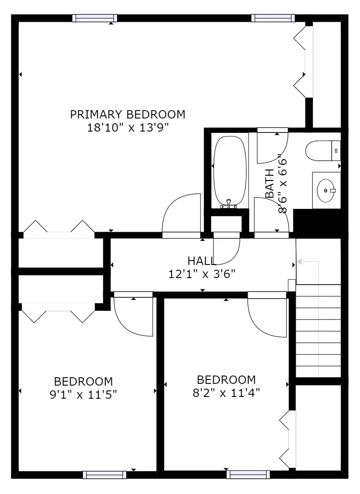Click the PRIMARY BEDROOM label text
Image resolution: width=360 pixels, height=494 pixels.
pyautogui.click(x=128, y=115)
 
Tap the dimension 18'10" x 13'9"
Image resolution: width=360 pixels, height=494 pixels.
pyautogui.click(x=128, y=128)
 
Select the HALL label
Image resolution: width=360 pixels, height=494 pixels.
pyautogui.click(x=201, y=261)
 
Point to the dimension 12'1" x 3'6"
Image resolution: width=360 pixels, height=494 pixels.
pyautogui.click(x=201, y=274)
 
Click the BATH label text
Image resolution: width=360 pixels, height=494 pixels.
pyautogui.click(x=270, y=184)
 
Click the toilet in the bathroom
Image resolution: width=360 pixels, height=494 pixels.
pyautogui.click(x=322, y=151)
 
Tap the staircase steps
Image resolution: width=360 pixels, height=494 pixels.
pyautogui.click(x=318, y=330)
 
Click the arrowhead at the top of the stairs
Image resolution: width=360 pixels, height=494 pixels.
pyautogui.click(x=299, y=261)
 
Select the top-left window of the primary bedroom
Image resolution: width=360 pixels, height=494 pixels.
pyautogui.click(x=95, y=18)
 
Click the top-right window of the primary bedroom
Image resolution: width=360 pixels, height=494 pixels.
pyautogui.click(x=273, y=18)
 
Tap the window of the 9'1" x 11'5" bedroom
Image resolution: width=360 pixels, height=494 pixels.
pyautogui.click(x=104, y=475)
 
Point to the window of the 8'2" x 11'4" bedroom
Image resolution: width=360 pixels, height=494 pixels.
pyautogui.click(x=248, y=475)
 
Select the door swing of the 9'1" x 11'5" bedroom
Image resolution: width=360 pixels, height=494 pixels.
pyautogui.click(x=132, y=316)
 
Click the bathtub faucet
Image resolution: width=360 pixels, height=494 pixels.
pyautogui.click(x=228, y=204)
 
